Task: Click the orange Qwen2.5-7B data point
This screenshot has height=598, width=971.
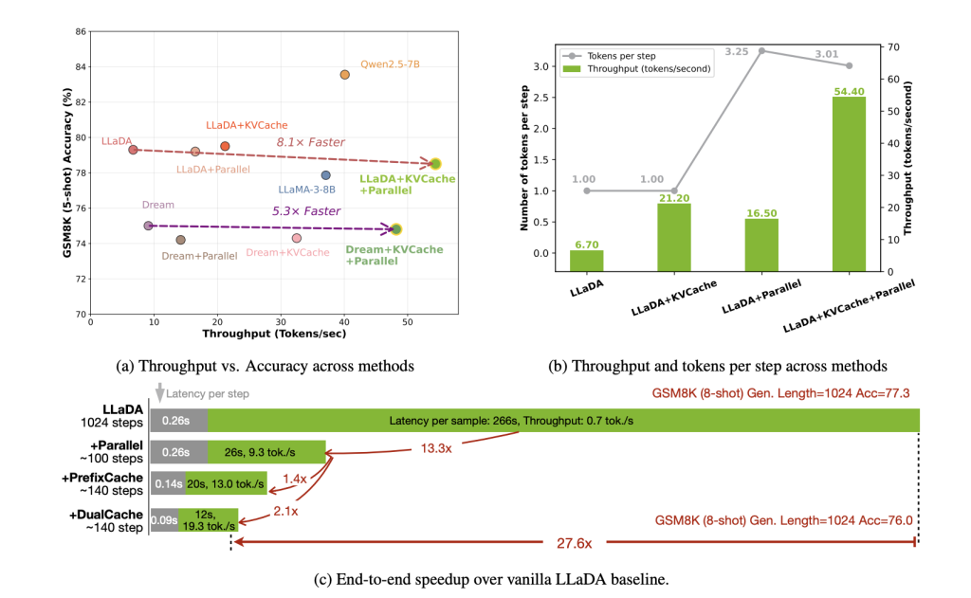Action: pos(344,75)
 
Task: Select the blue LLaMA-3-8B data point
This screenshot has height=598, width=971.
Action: pos(325,175)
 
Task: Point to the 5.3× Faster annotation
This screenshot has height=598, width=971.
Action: pos(305,210)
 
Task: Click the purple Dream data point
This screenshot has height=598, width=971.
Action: pos(148,226)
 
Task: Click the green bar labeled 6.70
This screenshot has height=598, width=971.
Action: pos(586,261)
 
